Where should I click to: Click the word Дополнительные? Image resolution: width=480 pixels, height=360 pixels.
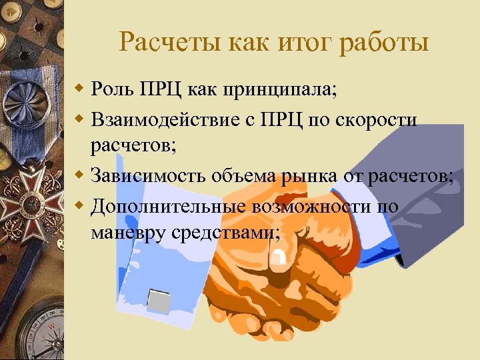167,206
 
